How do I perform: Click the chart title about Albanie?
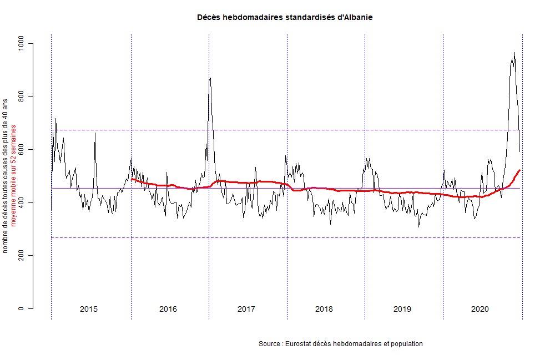pyautogui.click(x=285, y=17)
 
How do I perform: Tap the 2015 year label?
pyautogui.click(x=89, y=308)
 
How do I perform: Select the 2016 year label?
pyautogui.click(x=168, y=308)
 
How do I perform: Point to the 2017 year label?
pyautogui.click(x=246, y=308)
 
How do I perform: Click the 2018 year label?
pyautogui.click(x=324, y=308)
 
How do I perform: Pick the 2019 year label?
pyautogui.click(x=402, y=308)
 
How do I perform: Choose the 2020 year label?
pyautogui.click(x=480, y=308)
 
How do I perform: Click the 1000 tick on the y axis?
pyautogui.click(x=22, y=43)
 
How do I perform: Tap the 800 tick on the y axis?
pyautogui.click(x=22, y=97)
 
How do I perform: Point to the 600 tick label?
pyautogui.click(x=22, y=150)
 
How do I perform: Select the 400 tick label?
pyautogui.click(x=22, y=202)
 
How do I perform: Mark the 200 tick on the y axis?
pyautogui.click(x=22, y=256)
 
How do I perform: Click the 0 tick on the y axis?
pyautogui.click(x=22, y=308)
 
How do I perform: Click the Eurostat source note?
pyautogui.click(x=340, y=344)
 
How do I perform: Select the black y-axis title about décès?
pyautogui.click(x=6, y=176)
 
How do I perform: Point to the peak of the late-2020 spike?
pyautogui.click(x=514, y=53)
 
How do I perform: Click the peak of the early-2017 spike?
pyautogui.click(x=210, y=78)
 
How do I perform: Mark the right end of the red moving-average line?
pyautogui.click(x=519, y=170)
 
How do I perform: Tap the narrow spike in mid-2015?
pyautogui.click(x=95, y=133)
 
